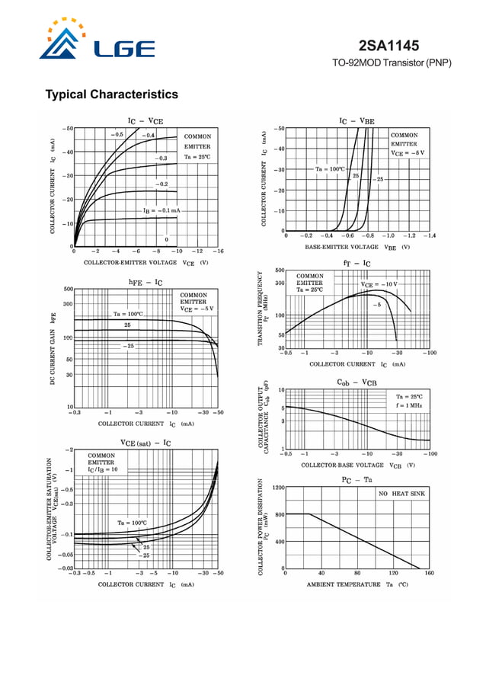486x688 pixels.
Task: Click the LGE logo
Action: [x=97, y=42]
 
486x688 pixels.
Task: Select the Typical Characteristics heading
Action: [x=112, y=94]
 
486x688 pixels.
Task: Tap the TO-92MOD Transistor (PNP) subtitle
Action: [x=392, y=62]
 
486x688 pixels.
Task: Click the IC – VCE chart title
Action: [x=145, y=120]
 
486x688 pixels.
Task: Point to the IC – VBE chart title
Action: [x=357, y=120]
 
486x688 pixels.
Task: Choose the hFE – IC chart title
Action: [x=145, y=283]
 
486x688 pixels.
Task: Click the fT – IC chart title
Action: [x=357, y=263]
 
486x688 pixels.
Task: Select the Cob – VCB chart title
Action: [x=357, y=382]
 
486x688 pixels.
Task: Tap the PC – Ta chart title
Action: [x=357, y=479]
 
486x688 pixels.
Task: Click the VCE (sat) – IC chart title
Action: [x=145, y=443]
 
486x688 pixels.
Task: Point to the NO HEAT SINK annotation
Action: [x=401, y=494]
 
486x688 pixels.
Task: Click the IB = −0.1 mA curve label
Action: [x=161, y=210]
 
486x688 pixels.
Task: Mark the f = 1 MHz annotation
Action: [x=410, y=406]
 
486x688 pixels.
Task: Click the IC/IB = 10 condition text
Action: [x=103, y=470]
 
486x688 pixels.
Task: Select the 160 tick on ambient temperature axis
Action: [x=429, y=573]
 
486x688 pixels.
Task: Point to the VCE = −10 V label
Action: [x=379, y=284]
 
